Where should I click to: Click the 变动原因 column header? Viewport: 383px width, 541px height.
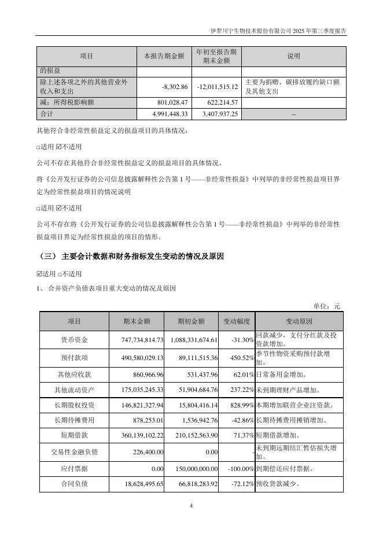point(299,321)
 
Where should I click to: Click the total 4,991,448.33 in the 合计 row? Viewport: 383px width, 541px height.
point(168,114)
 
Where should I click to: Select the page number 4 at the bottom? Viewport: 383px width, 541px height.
point(191,506)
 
